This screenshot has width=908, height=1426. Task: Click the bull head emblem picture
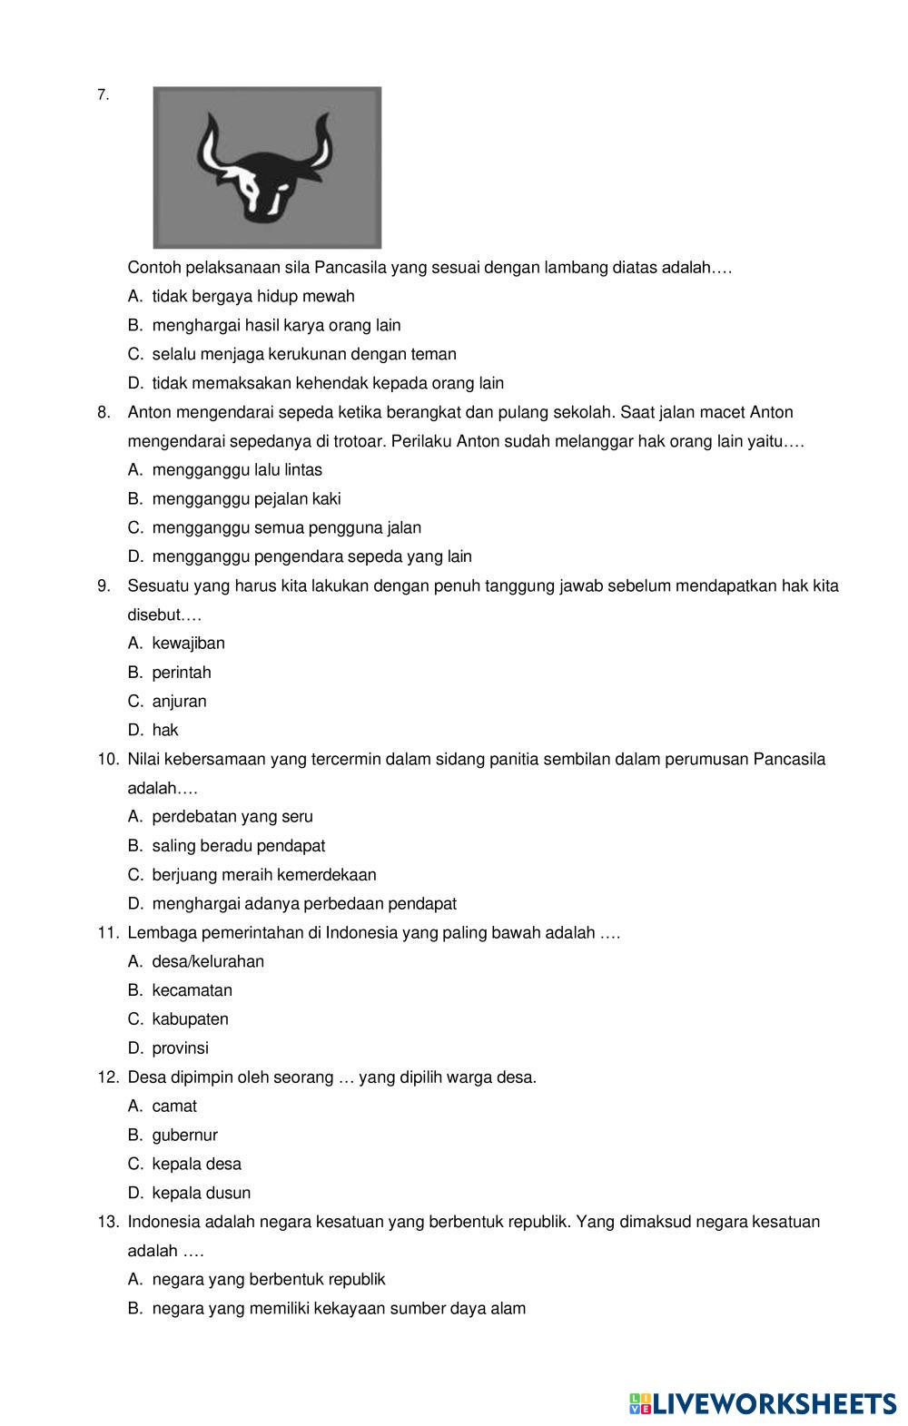click(267, 167)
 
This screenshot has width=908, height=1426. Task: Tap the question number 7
click(103, 94)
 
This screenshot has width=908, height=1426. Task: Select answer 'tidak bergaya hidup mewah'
click(253, 296)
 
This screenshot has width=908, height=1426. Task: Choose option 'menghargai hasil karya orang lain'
click(276, 325)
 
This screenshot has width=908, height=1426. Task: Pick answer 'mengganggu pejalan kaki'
click(246, 498)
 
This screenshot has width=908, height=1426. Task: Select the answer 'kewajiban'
click(188, 643)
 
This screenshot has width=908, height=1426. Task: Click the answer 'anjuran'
click(179, 701)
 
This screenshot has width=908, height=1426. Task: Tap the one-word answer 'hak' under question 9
click(165, 730)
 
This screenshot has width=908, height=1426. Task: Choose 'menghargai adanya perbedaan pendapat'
click(304, 903)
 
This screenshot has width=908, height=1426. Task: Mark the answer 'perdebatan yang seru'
click(232, 816)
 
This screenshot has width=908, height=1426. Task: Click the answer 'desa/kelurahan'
click(208, 961)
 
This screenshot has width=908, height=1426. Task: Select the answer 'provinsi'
click(180, 1047)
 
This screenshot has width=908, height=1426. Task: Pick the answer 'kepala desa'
click(196, 1164)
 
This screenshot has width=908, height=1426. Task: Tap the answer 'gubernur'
click(184, 1135)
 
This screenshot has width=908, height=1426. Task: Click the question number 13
click(108, 1222)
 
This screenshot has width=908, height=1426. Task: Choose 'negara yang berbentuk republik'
click(269, 1279)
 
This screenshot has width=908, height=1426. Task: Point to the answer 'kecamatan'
click(192, 990)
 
